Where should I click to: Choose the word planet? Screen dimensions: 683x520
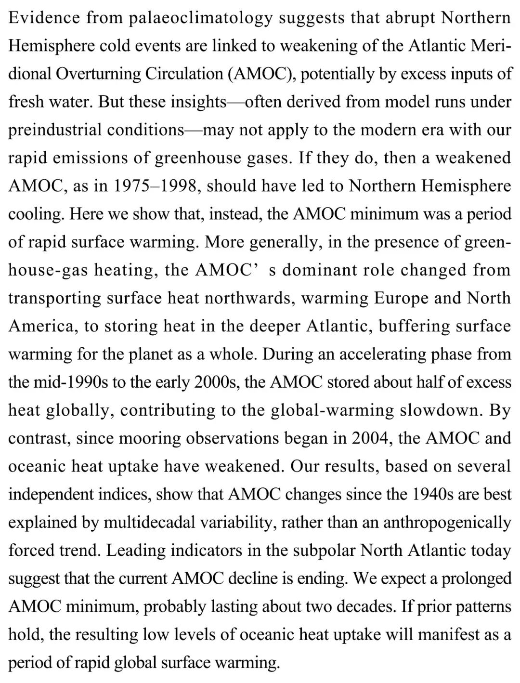154,355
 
